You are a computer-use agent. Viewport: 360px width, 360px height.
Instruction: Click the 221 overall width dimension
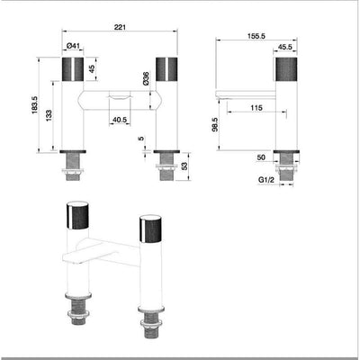coord(120,28)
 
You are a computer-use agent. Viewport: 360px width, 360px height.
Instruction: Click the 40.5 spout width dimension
coord(120,119)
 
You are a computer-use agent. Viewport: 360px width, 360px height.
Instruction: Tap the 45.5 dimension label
coord(285,48)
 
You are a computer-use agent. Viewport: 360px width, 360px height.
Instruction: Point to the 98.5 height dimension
coord(214,122)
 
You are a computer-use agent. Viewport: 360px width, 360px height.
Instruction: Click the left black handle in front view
coord(74,70)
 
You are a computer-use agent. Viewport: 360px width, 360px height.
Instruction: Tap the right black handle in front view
coord(167,70)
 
